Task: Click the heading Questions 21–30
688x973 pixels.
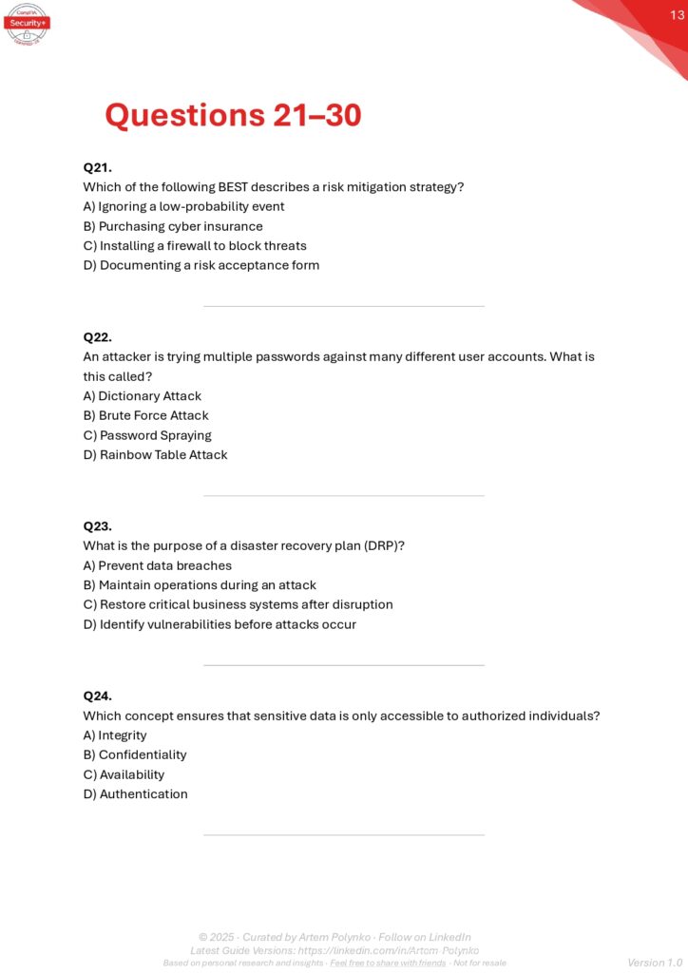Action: (x=233, y=116)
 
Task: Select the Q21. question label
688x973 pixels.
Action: (x=98, y=167)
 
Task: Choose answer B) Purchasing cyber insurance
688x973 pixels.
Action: (x=173, y=226)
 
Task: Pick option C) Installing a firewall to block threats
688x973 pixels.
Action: (x=195, y=245)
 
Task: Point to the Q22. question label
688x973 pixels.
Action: (x=98, y=337)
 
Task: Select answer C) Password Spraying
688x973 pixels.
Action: (x=147, y=435)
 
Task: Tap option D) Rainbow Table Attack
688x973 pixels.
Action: (x=155, y=454)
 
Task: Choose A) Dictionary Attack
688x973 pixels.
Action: (x=143, y=396)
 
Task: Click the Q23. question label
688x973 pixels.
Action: (x=98, y=525)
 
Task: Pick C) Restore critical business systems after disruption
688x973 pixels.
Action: (x=238, y=604)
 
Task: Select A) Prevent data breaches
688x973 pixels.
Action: (x=158, y=565)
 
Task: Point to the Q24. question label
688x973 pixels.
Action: (x=98, y=696)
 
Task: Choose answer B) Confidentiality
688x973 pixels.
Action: (x=135, y=754)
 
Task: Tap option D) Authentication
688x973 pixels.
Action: (x=136, y=793)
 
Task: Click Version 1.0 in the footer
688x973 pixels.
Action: (x=655, y=963)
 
